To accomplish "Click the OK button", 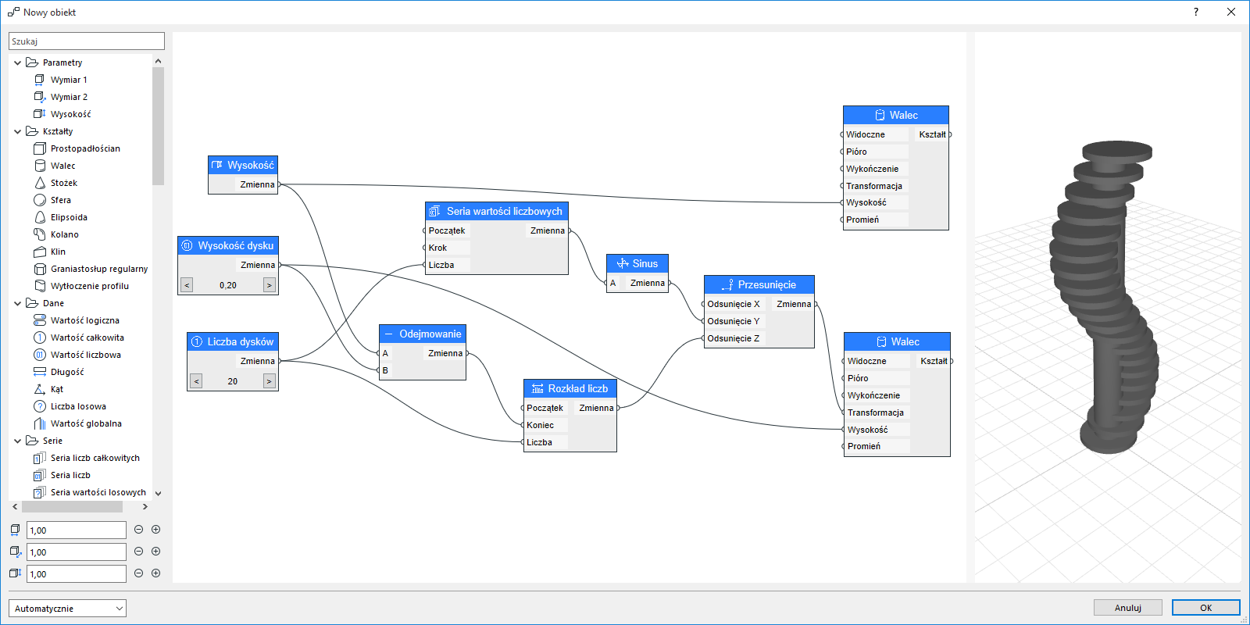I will point(1205,608).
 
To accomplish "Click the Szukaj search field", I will point(87,41).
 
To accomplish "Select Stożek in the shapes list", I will point(64,183).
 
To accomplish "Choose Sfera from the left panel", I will point(61,200).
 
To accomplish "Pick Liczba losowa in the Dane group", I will point(78,406).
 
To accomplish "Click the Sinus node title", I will point(637,263).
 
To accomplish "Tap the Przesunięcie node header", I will point(759,284).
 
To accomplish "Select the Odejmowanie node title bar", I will point(423,334).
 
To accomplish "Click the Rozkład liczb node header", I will point(570,388).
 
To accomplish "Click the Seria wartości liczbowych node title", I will point(497,211).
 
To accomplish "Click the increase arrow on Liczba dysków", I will point(270,381).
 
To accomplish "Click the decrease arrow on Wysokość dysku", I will point(187,285).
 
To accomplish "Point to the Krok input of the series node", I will point(438,248).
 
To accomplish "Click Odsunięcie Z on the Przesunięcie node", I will point(733,338).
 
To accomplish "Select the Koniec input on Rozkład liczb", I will point(540,425).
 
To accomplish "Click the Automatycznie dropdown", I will point(67,608).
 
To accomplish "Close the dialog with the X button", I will point(1231,12).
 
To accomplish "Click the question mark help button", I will point(1195,12).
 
